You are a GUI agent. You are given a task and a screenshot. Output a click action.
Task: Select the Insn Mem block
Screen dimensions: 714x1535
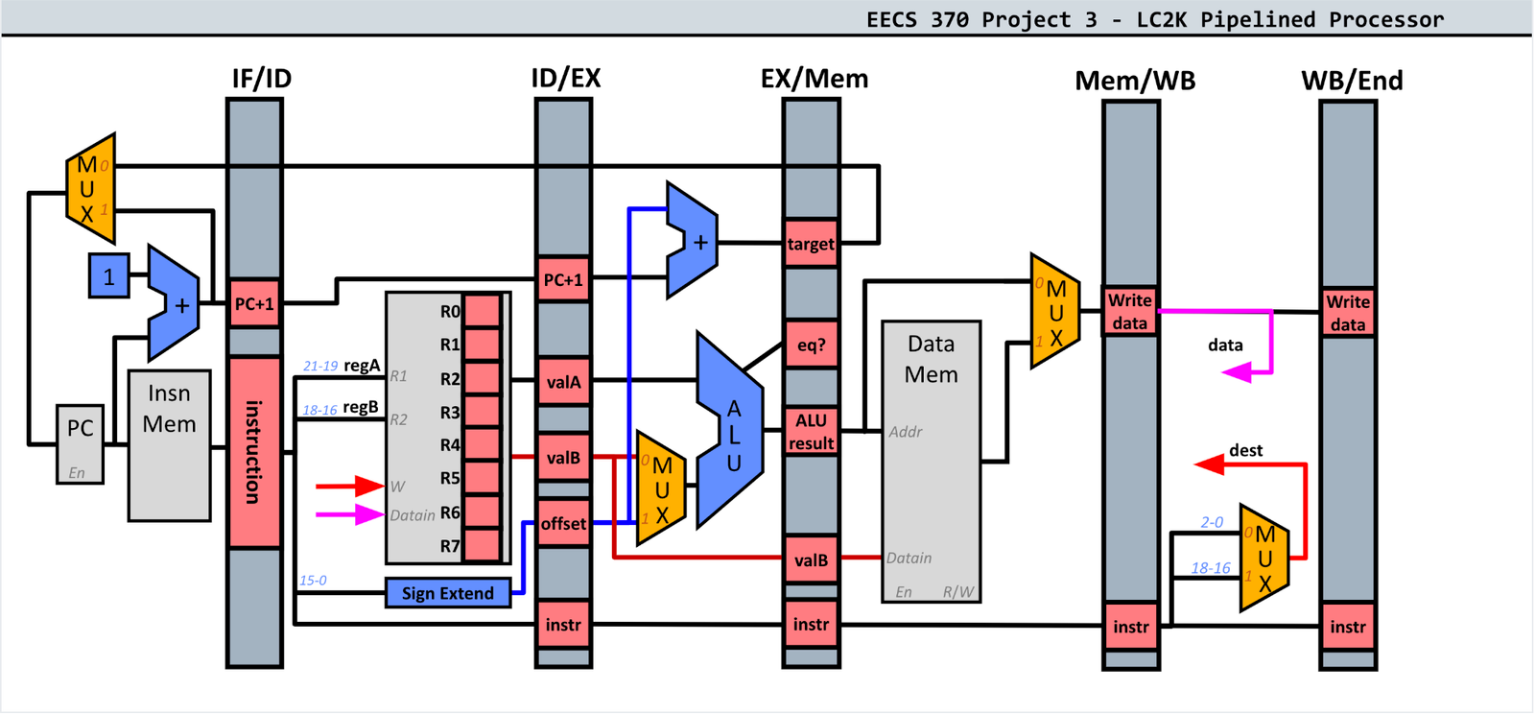point(170,445)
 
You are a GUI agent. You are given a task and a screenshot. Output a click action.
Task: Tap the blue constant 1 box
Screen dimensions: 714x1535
point(108,276)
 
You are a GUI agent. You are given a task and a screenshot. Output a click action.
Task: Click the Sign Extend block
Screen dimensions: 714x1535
point(447,593)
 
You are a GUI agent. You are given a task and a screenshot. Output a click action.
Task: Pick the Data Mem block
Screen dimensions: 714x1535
point(931,461)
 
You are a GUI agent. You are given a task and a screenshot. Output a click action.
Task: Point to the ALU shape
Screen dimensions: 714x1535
point(730,432)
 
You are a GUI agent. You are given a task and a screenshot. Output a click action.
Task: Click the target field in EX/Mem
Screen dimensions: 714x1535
point(811,244)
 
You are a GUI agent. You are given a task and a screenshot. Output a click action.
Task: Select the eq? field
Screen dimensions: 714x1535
point(811,345)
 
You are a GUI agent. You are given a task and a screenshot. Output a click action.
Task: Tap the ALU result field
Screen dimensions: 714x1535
point(811,432)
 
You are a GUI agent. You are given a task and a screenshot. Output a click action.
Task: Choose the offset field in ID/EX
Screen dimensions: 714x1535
point(563,523)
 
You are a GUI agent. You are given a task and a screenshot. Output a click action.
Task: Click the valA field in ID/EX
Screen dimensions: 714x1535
point(563,382)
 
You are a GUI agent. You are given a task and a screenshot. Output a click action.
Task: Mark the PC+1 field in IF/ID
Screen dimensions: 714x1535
point(254,304)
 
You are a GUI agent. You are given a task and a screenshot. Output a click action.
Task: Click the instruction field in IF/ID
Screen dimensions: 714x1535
point(254,451)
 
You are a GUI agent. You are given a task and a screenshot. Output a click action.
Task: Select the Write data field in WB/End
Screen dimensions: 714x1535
point(1348,313)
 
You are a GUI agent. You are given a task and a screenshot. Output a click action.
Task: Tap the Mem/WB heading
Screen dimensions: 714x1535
point(1135,81)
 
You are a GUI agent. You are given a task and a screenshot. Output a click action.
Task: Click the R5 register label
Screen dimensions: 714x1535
point(450,478)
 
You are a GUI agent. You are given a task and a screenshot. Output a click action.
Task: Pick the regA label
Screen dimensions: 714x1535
point(362,366)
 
